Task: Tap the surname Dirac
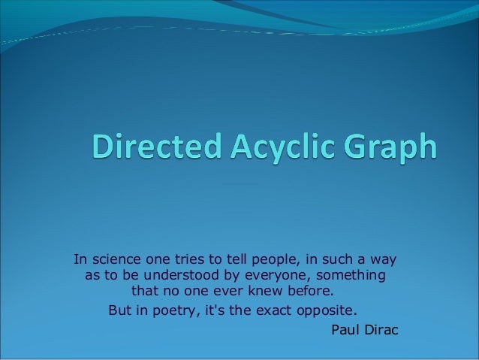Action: point(381,328)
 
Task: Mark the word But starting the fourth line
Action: point(122,310)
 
